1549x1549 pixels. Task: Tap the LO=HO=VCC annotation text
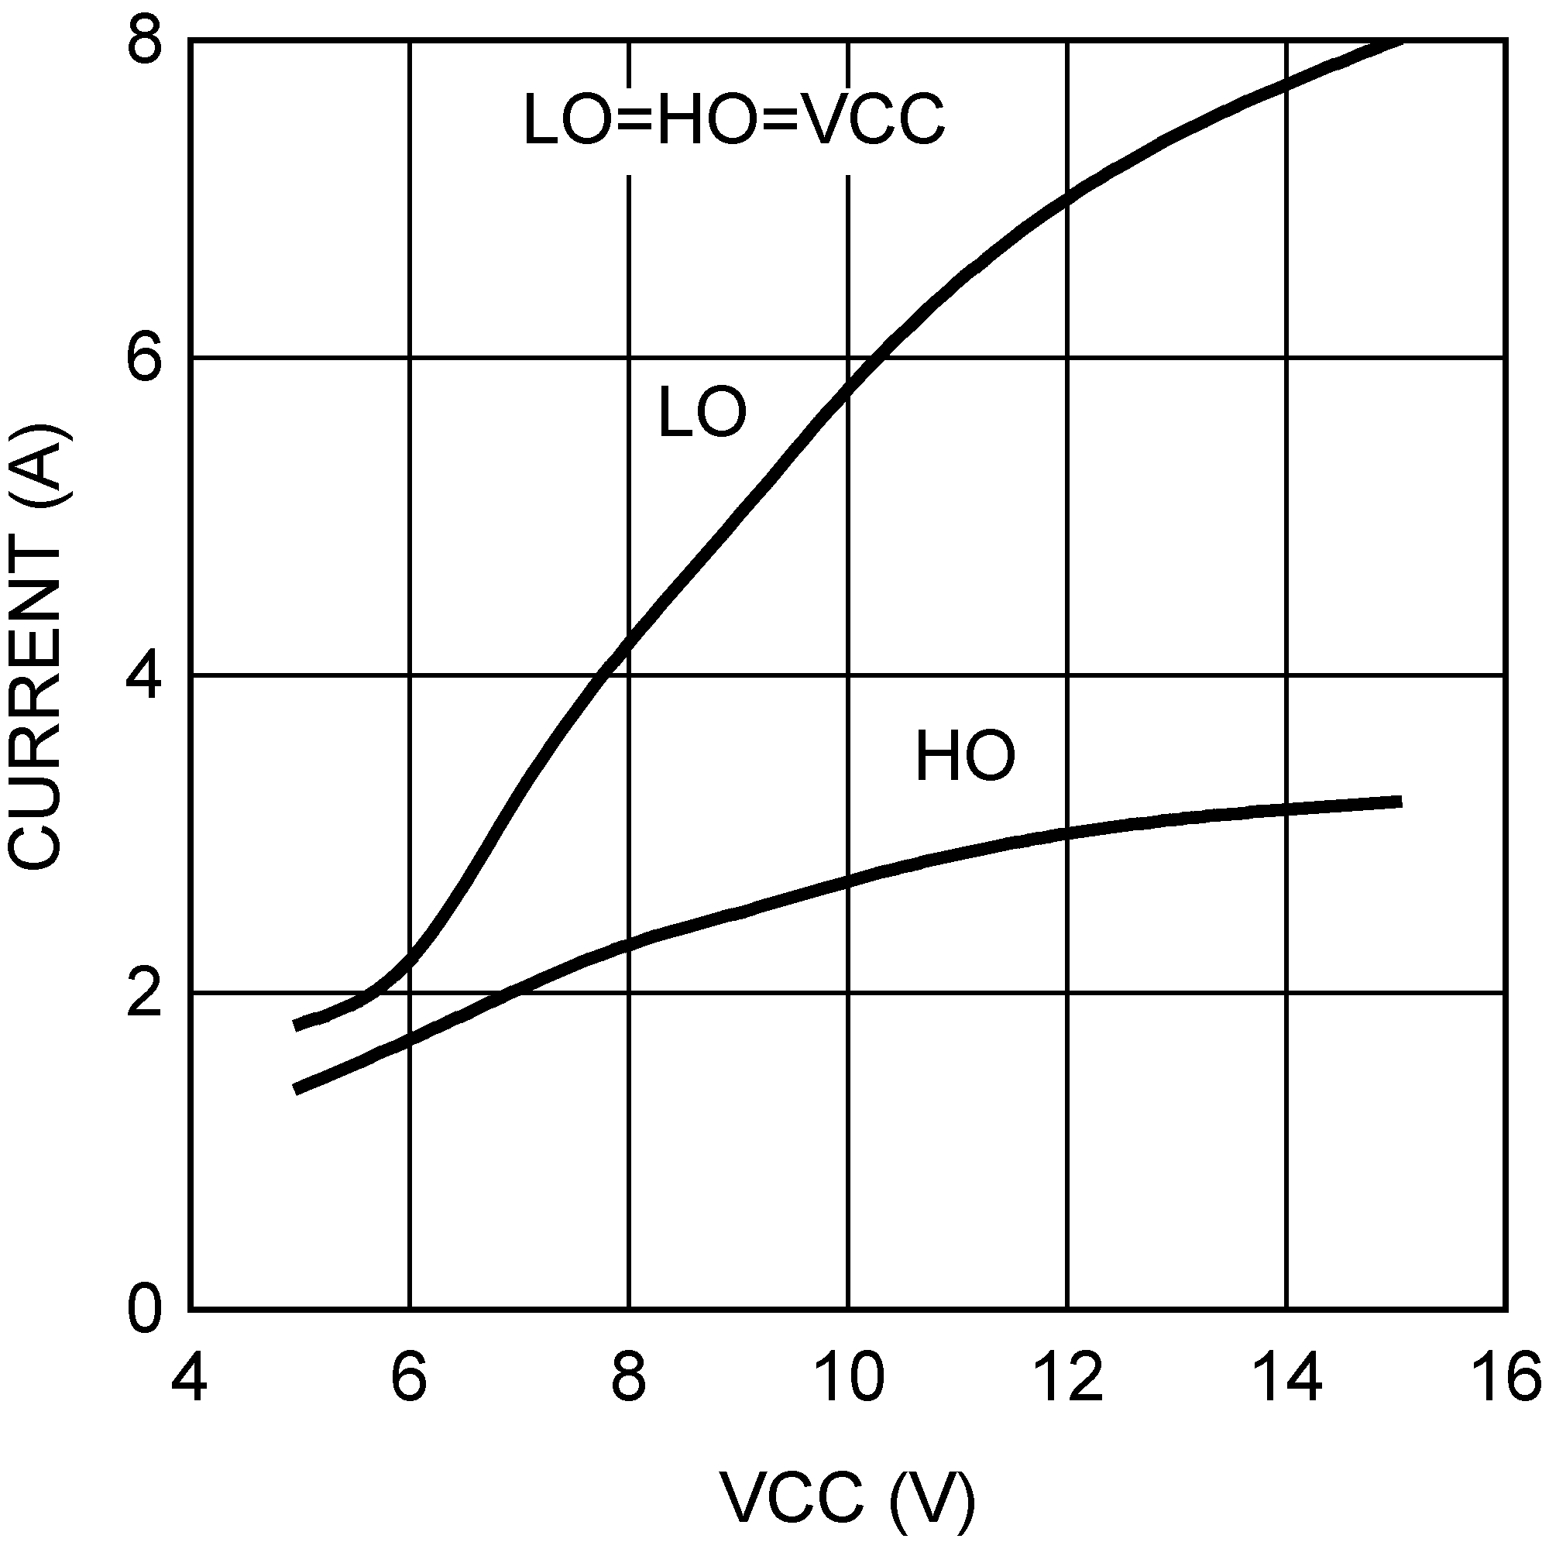point(733,120)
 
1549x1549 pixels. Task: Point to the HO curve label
point(964,756)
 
